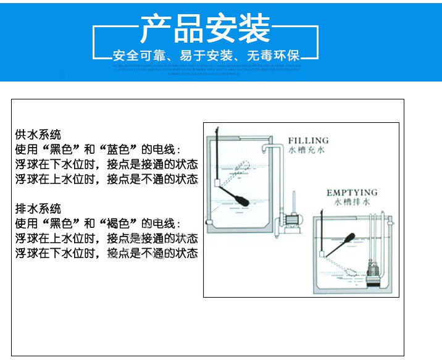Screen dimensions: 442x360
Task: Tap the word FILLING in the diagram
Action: pos(308,141)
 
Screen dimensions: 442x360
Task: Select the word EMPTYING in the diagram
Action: pos(352,193)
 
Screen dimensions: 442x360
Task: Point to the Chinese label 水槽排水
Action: pos(351,202)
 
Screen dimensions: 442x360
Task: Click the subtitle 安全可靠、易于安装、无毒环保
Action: pos(206,52)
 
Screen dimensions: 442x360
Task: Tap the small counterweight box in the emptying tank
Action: pos(323,254)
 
